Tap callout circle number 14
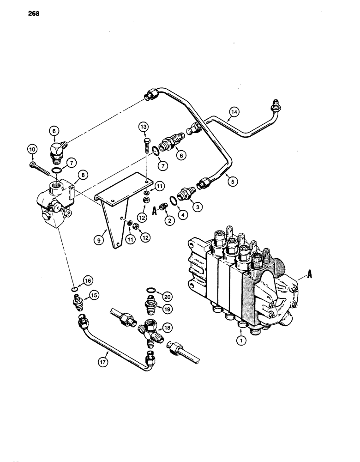click(x=234, y=111)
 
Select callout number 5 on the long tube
click(x=233, y=182)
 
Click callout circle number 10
click(x=32, y=149)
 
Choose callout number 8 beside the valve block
click(x=84, y=175)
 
